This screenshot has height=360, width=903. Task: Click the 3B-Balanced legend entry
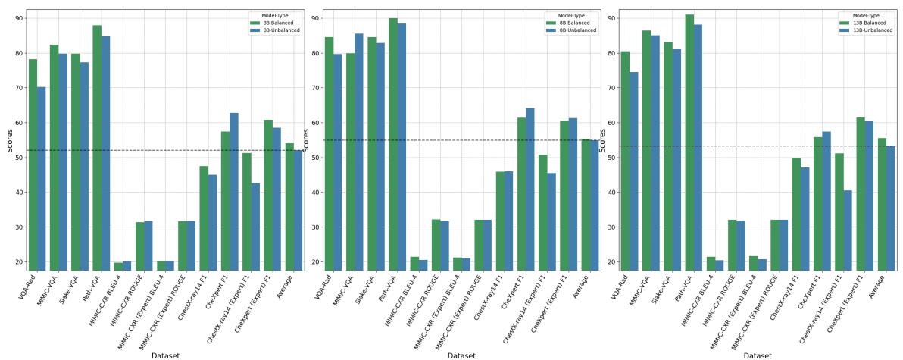pyautogui.click(x=280, y=23)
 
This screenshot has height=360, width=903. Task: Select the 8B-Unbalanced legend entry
pyautogui.click(x=576, y=30)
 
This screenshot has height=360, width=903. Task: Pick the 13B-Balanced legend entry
pyautogui.click(x=871, y=23)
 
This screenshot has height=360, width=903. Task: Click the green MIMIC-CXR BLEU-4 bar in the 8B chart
pyautogui.click(x=414, y=263)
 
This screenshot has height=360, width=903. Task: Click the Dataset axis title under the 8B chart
pyautogui.click(x=461, y=355)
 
